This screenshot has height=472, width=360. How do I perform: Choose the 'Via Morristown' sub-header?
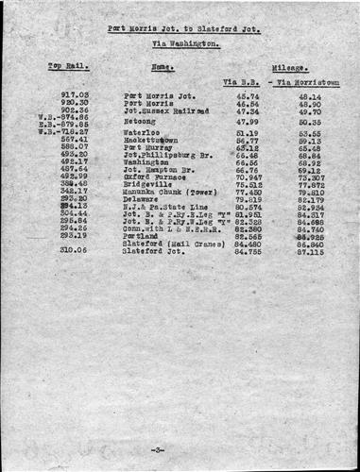pyautogui.click(x=307, y=83)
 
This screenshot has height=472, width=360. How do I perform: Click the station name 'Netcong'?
pyautogui.click(x=142, y=121)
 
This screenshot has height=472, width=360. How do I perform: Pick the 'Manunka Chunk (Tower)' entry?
pyautogui.click(x=167, y=192)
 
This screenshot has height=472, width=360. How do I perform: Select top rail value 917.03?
pyautogui.click(x=74, y=95)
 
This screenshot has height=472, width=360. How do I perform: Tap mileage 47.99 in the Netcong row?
pyautogui.click(x=248, y=121)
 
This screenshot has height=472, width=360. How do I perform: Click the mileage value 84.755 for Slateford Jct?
pyautogui.click(x=248, y=251)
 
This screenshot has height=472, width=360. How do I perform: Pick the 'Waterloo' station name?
pyautogui.click(x=142, y=133)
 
